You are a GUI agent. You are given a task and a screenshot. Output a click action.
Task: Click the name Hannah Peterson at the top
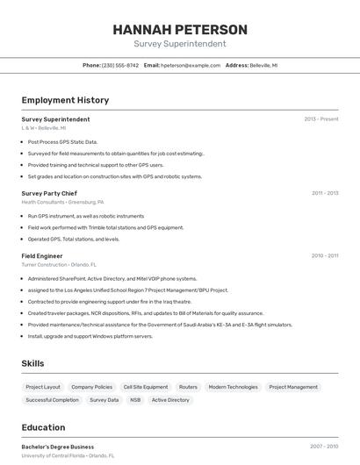pos(180,29)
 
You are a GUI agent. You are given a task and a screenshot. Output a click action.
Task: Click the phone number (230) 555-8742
pos(120,65)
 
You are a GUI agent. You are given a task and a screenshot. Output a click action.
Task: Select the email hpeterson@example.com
pos(191,65)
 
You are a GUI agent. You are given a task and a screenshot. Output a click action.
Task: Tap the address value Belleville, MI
pos(263,65)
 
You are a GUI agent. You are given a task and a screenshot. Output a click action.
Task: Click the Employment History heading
pos(65,100)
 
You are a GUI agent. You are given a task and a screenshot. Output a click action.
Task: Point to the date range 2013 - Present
pos(321,118)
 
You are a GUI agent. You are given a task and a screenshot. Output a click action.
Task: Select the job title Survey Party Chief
pos(49,193)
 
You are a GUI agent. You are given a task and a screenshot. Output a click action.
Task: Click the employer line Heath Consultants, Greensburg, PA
pos(62,202)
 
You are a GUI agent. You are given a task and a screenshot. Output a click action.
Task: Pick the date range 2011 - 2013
pos(325,193)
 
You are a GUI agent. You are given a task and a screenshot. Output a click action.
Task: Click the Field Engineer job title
pos(42,255)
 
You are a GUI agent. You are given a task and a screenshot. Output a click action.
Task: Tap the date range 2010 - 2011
pos(325,255)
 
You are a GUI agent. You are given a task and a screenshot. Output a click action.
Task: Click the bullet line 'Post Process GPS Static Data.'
pos(62,141)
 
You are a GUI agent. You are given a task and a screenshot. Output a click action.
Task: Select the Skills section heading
pos(32,363)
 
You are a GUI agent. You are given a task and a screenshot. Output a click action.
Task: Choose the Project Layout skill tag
pos(43,387)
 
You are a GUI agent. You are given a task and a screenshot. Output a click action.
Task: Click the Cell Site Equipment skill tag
pos(146,387)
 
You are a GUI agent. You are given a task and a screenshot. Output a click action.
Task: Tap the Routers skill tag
pos(188,387)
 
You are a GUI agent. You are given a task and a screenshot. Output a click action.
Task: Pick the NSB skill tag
pos(135,400)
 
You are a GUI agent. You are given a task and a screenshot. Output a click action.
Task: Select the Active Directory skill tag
pos(170,400)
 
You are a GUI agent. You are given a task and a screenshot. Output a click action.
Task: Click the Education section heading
pos(43,427)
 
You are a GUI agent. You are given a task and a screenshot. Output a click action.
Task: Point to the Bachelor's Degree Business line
pos(58,447)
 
